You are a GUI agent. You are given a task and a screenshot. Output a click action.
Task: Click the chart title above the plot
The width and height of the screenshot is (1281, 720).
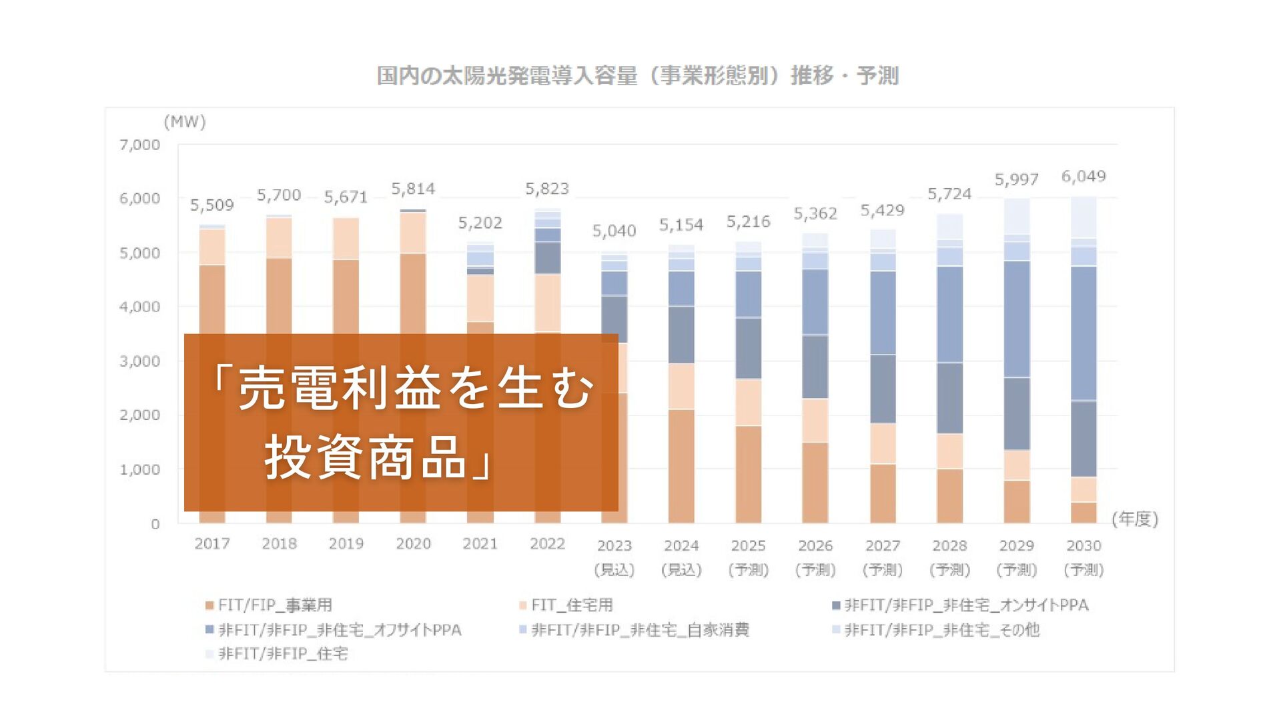(x=638, y=75)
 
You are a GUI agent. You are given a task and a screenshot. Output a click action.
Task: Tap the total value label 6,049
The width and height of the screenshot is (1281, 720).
(x=1084, y=177)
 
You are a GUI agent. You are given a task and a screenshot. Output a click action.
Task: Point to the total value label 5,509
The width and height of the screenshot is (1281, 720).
(x=212, y=205)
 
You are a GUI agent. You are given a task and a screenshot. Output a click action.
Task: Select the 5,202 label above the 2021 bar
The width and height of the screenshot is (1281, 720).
(x=480, y=223)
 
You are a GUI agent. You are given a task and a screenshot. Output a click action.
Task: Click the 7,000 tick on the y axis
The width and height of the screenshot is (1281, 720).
(x=140, y=145)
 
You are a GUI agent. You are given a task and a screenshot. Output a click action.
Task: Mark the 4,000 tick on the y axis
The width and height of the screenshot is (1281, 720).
(x=140, y=307)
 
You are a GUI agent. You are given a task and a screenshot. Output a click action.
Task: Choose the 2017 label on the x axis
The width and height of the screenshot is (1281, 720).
(x=212, y=544)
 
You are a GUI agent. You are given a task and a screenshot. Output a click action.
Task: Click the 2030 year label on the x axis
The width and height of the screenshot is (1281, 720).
(x=1084, y=546)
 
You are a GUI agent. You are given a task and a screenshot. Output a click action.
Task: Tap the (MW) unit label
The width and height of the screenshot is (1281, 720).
(x=185, y=122)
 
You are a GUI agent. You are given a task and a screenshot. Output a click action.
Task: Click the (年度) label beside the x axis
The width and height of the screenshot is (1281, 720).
(x=1135, y=519)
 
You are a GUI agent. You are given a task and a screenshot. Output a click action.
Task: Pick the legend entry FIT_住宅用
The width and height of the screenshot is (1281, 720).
(x=566, y=605)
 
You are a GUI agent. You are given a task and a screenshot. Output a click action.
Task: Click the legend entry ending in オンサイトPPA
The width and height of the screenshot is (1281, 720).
(x=961, y=605)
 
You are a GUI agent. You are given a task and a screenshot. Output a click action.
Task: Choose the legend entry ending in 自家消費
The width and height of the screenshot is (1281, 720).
(x=634, y=630)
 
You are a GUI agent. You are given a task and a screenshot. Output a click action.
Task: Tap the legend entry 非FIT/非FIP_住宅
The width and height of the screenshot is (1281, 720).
(x=277, y=654)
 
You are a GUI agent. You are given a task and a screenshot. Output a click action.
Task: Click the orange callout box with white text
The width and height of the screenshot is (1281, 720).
(x=401, y=422)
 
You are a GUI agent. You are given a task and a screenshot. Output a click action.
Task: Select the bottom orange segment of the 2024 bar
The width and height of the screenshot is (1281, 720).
(x=681, y=465)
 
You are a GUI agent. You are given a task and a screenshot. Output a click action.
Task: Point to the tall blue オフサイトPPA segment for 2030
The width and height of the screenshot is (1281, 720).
(x=1084, y=333)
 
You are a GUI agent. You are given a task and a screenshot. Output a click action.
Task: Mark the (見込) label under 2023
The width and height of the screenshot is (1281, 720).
(x=614, y=570)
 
